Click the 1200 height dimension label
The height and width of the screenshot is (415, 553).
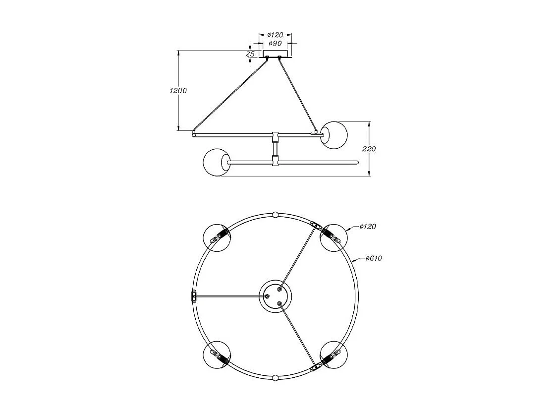pyautogui.click(x=177, y=91)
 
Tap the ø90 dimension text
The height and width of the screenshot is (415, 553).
pyautogui.click(x=275, y=44)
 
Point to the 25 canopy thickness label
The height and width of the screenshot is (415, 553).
pyautogui.click(x=250, y=54)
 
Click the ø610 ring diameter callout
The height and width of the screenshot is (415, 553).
pyautogui.click(x=374, y=258)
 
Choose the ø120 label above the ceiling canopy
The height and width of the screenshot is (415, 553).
pyautogui.click(x=275, y=35)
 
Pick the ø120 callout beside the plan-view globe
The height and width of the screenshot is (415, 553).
pyautogui.click(x=367, y=227)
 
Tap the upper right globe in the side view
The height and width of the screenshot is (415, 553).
pyautogui.click(x=333, y=134)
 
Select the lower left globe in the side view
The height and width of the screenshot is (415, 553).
pyautogui.click(x=217, y=162)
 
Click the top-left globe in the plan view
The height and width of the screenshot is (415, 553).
pyautogui.click(x=217, y=237)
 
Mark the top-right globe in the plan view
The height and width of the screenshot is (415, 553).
pyautogui.click(x=333, y=237)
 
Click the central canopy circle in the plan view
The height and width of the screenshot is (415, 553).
pyautogui.click(x=276, y=296)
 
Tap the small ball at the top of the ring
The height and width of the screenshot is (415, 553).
pyautogui.click(x=276, y=215)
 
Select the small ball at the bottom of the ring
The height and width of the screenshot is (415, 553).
pyautogui.click(x=276, y=378)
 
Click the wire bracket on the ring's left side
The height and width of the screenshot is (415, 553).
pyautogui.click(x=194, y=296)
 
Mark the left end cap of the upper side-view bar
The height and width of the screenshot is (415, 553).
pyautogui.click(x=194, y=133)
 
